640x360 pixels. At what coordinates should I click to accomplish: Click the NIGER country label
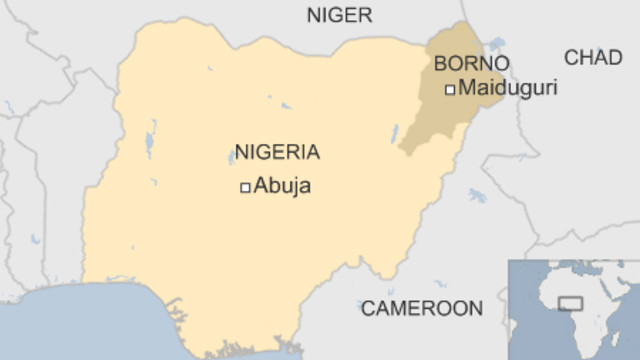(x=339, y=14)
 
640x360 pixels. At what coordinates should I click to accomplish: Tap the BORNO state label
(x=471, y=64)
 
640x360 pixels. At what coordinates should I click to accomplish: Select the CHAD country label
(x=593, y=57)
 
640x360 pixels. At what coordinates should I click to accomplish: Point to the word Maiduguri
(x=507, y=88)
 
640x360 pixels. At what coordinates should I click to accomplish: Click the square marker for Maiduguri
(x=450, y=89)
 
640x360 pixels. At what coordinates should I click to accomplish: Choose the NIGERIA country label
(x=277, y=153)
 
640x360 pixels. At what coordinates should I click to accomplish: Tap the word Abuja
(x=282, y=185)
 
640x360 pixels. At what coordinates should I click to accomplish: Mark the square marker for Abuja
(x=244, y=187)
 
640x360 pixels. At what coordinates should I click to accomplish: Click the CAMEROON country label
(x=421, y=308)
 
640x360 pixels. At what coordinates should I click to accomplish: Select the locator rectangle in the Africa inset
(x=571, y=302)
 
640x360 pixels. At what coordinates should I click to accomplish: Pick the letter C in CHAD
(x=571, y=57)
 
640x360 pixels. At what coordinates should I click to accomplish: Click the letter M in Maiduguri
(x=464, y=88)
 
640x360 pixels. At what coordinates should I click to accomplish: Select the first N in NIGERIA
(x=241, y=153)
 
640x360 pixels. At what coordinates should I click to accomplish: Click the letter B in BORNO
(x=440, y=64)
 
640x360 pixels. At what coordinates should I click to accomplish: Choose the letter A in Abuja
(x=260, y=185)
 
